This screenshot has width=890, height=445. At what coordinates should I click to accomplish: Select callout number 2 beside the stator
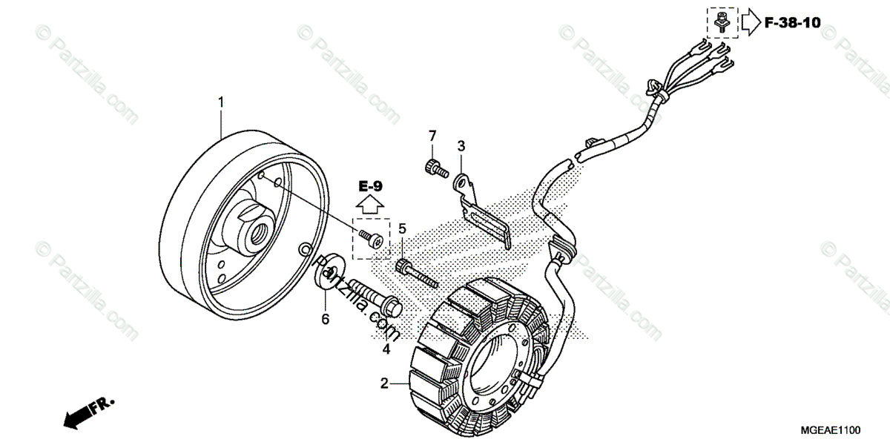click(x=384, y=383)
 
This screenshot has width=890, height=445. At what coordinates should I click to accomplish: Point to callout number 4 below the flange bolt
click(x=386, y=349)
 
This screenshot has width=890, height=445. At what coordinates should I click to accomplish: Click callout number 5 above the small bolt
click(x=403, y=228)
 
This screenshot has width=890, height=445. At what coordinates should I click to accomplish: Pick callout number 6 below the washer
click(x=324, y=319)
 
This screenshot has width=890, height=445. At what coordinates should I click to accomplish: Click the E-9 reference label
click(x=371, y=185)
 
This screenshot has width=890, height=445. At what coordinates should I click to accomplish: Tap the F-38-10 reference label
click(x=792, y=23)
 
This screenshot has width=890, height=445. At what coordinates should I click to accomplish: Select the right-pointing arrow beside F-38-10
click(x=751, y=23)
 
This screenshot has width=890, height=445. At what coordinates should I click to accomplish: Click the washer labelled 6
click(x=326, y=271)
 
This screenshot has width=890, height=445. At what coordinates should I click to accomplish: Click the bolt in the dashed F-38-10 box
click(x=719, y=23)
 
